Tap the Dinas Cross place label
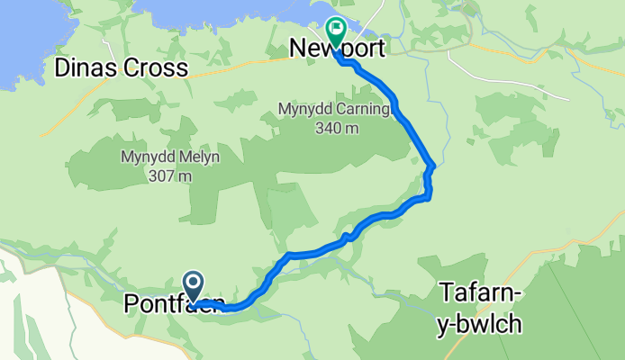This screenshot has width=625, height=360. pyautogui.click(x=121, y=67)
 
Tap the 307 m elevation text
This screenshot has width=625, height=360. pyautogui.click(x=170, y=175)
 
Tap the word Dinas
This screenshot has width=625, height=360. pyautogui.click(x=86, y=67)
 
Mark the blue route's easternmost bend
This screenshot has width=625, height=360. pyautogui.click(x=434, y=166)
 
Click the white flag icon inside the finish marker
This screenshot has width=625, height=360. pyautogui.click(x=337, y=28)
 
